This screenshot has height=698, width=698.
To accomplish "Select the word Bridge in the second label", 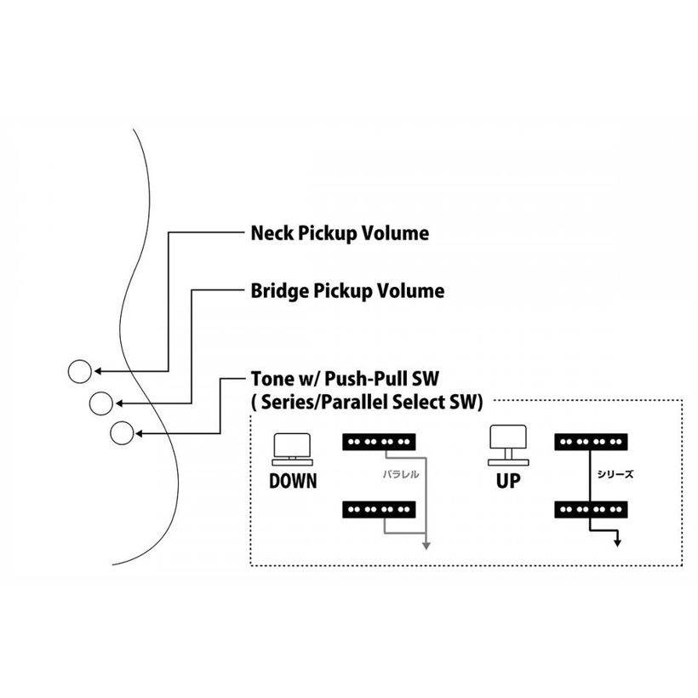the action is click(280, 290).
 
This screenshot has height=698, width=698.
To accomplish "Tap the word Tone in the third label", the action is click(272, 379).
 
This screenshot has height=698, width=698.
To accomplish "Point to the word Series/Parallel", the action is click(318, 402).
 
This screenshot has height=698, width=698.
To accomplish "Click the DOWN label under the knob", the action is click(293, 481).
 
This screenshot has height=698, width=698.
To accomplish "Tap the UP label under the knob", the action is click(508, 481).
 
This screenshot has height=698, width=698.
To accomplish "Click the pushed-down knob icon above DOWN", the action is click(293, 449).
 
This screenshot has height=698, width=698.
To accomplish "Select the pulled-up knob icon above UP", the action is click(508, 445).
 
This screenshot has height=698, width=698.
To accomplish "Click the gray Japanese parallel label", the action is click(401, 474).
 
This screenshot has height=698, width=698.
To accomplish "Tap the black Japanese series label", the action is click(615, 474).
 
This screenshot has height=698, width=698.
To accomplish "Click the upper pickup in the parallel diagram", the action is click(379, 442).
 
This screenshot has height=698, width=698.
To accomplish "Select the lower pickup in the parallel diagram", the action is click(379, 510).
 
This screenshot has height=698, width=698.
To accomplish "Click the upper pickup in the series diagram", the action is click(591, 442).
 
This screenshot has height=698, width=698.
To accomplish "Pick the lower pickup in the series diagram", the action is click(591, 510).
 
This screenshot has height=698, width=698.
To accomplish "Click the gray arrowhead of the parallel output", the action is click(426, 546).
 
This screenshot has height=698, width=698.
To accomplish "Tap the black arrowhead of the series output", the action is click(617, 542).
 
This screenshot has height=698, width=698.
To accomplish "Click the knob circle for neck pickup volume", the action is click(80, 371).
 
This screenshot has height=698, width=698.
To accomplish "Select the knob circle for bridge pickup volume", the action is click(101, 403).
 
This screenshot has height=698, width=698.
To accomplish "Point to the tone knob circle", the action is click(122, 433).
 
